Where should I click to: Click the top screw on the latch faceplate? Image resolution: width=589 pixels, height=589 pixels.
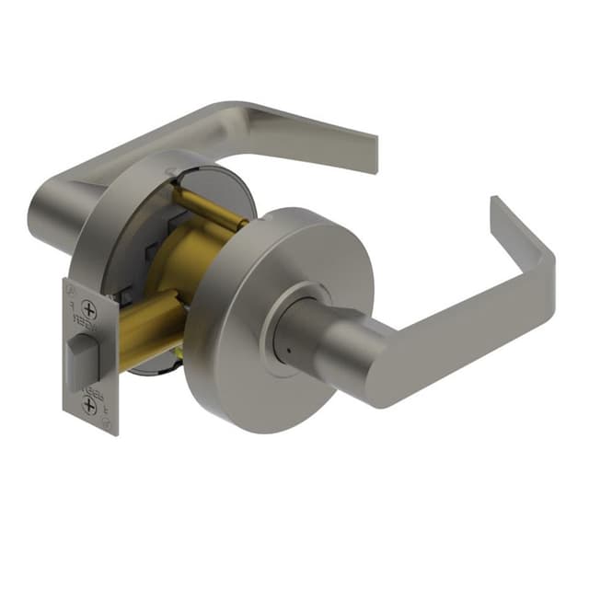pos(89,308)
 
